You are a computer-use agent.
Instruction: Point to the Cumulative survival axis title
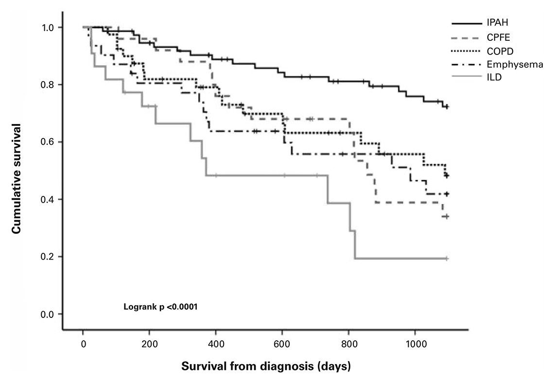[17, 178]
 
